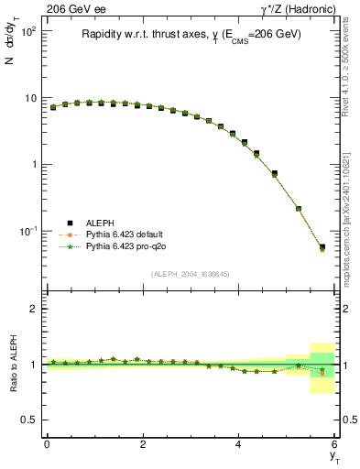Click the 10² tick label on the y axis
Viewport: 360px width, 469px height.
coord(28,31)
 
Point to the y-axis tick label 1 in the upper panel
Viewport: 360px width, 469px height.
coord(33,165)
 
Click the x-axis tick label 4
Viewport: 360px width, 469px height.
coord(239,444)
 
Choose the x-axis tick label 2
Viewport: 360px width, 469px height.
coord(143,444)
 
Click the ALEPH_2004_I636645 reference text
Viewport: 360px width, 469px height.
coord(190,274)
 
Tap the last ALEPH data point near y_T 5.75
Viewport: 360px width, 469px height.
coord(322,246)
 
